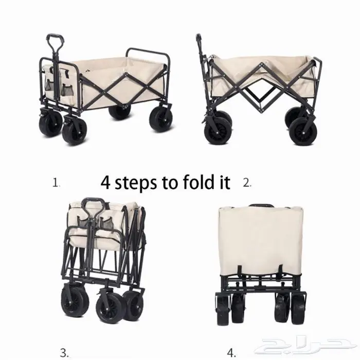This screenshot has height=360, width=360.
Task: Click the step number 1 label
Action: [56, 183]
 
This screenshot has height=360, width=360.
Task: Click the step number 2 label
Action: [247, 183]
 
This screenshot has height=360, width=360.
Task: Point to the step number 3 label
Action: [64, 353]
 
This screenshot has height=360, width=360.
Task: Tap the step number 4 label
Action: [231, 353]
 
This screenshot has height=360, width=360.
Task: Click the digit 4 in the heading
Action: [105, 183]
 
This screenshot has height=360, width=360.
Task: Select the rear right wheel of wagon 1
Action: [160, 120]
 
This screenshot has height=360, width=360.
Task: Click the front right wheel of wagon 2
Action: [303, 132]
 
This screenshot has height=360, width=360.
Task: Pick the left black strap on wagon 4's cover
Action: [240, 272]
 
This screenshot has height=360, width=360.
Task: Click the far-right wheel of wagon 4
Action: [298, 309]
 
